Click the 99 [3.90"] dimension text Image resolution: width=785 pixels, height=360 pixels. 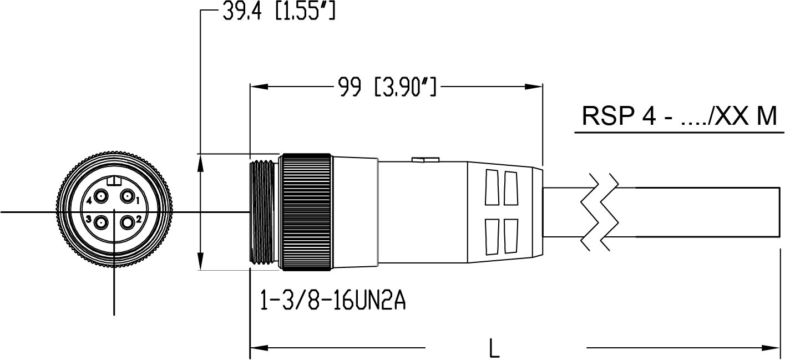(387, 87)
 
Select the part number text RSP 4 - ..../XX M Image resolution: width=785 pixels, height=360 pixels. (679, 117)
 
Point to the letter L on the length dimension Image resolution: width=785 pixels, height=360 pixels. (494, 348)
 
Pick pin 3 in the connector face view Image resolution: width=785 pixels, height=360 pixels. (101, 223)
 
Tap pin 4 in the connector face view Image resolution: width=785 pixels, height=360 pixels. (101, 196)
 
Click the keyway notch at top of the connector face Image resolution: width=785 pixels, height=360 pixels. (114, 181)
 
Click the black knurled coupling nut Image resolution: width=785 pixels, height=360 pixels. (306, 212)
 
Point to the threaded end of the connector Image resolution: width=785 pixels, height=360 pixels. (263, 212)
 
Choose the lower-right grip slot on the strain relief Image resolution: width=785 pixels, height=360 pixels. (510, 236)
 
